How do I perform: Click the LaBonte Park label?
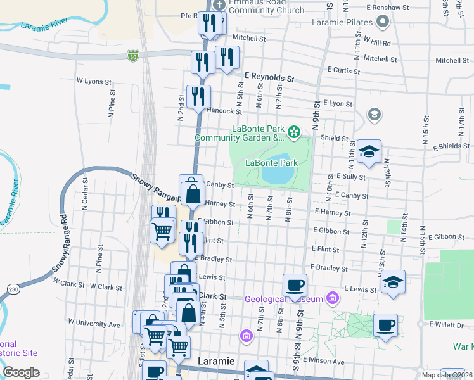[x=271, y=163]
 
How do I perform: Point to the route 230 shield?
[x=13, y=289]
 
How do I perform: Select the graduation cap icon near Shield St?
[x=369, y=151]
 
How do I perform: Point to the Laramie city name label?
[x=217, y=361]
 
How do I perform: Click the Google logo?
[x=21, y=372]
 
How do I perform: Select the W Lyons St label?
[x=94, y=81]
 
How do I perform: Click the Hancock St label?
[x=224, y=111]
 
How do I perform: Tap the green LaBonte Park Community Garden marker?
[x=294, y=132]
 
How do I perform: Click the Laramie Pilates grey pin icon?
[x=382, y=23]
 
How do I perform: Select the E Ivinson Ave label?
[x=323, y=361]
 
